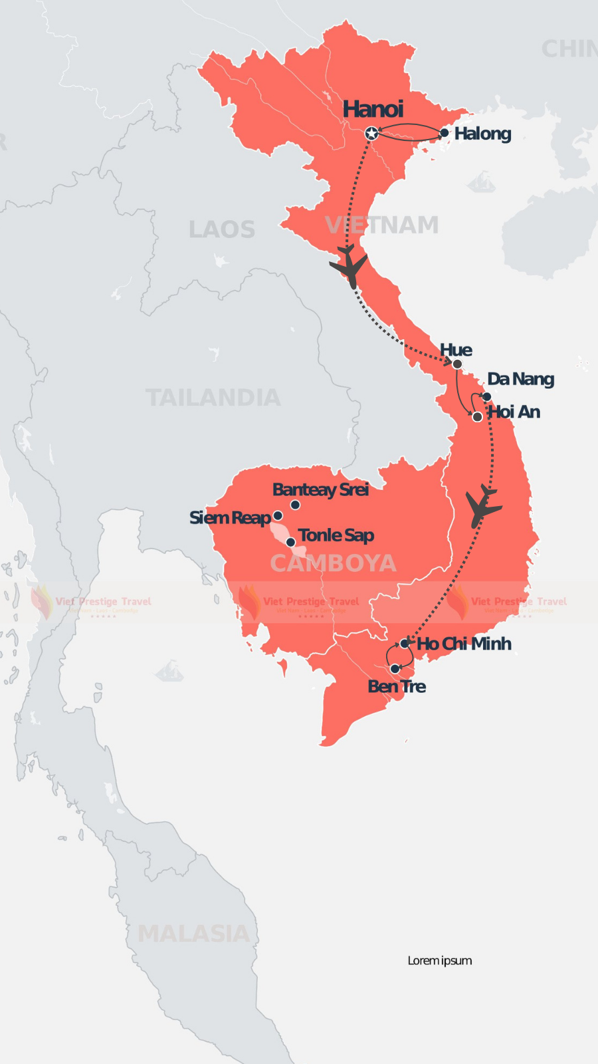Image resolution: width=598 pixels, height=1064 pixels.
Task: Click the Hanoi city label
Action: click(x=373, y=109)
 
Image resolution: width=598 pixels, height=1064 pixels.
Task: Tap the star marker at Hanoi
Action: click(x=372, y=134)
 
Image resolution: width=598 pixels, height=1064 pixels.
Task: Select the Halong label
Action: click(x=483, y=134)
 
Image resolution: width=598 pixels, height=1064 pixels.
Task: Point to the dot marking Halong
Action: click(x=445, y=133)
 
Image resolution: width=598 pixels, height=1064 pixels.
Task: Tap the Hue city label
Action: click(x=456, y=350)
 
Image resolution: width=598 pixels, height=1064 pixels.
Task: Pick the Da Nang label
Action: click(x=521, y=379)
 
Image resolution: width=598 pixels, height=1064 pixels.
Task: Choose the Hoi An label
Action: click(x=514, y=412)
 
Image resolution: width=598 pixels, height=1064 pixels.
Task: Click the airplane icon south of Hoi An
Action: click(x=483, y=507)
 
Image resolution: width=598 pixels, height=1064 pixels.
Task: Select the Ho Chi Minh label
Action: click(x=464, y=644)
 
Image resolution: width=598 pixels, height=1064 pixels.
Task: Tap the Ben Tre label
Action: click(x=397, y=686)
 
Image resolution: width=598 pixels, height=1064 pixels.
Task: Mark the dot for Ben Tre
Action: click(x=395, y=668)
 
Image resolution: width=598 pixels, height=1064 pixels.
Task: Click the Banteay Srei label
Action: click(x=320, y=489)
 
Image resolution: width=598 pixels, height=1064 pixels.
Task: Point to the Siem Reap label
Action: click(x=230, y=517)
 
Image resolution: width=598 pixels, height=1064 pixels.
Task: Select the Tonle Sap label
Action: click(x=336, y=535)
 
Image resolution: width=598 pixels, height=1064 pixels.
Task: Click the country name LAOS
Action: click(x=222, y=229)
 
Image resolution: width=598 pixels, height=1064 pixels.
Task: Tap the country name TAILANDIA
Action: click(x=213, y=398)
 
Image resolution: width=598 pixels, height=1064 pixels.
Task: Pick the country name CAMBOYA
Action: click(x=333, y=563)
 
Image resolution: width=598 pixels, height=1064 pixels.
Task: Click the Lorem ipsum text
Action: click(x=440, y=960)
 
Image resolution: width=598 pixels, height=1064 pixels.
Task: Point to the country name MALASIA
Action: click(x=193, y=934)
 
